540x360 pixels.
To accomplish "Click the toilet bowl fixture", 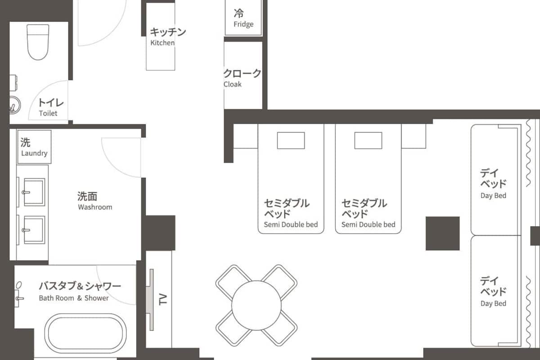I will pos(38,42).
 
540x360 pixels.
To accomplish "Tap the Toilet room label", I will pos(48,108).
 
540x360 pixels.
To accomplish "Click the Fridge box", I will pos(243,18).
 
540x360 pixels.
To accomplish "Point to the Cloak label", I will pos(242,78).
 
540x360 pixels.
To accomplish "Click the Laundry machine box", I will pos(34,147).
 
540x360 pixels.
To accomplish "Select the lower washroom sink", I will pos(34,230).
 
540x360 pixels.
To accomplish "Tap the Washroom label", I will pos(94,201).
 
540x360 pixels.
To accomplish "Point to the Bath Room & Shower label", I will pos(80,291).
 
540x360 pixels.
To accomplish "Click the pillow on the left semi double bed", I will pos(291,140).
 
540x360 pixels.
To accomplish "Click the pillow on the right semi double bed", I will pos(368,140).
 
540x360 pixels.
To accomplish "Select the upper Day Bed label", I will pos(493,183).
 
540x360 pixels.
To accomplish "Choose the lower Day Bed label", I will pos(493,291).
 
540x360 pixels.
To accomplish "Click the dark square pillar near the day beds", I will pos(443,233).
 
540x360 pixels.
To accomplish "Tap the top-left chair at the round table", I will pos(233,281).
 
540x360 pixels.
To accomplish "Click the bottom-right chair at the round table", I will pos(280,329).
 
